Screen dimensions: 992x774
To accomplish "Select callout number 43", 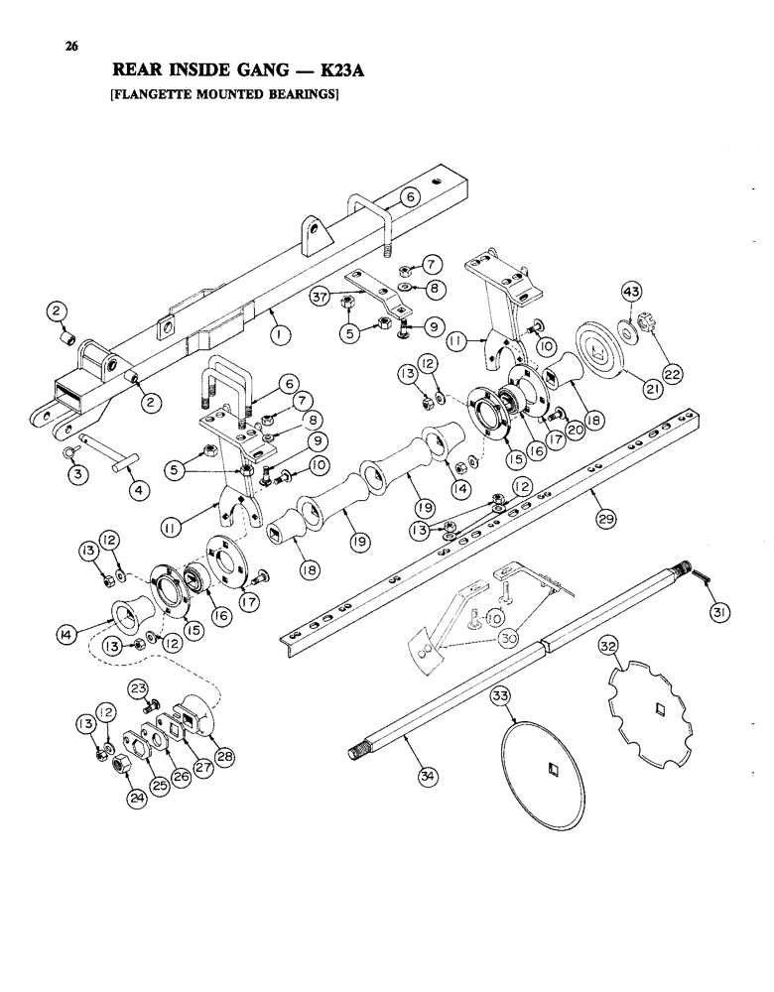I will (631, 290).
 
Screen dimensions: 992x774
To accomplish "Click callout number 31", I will (718, 614).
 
